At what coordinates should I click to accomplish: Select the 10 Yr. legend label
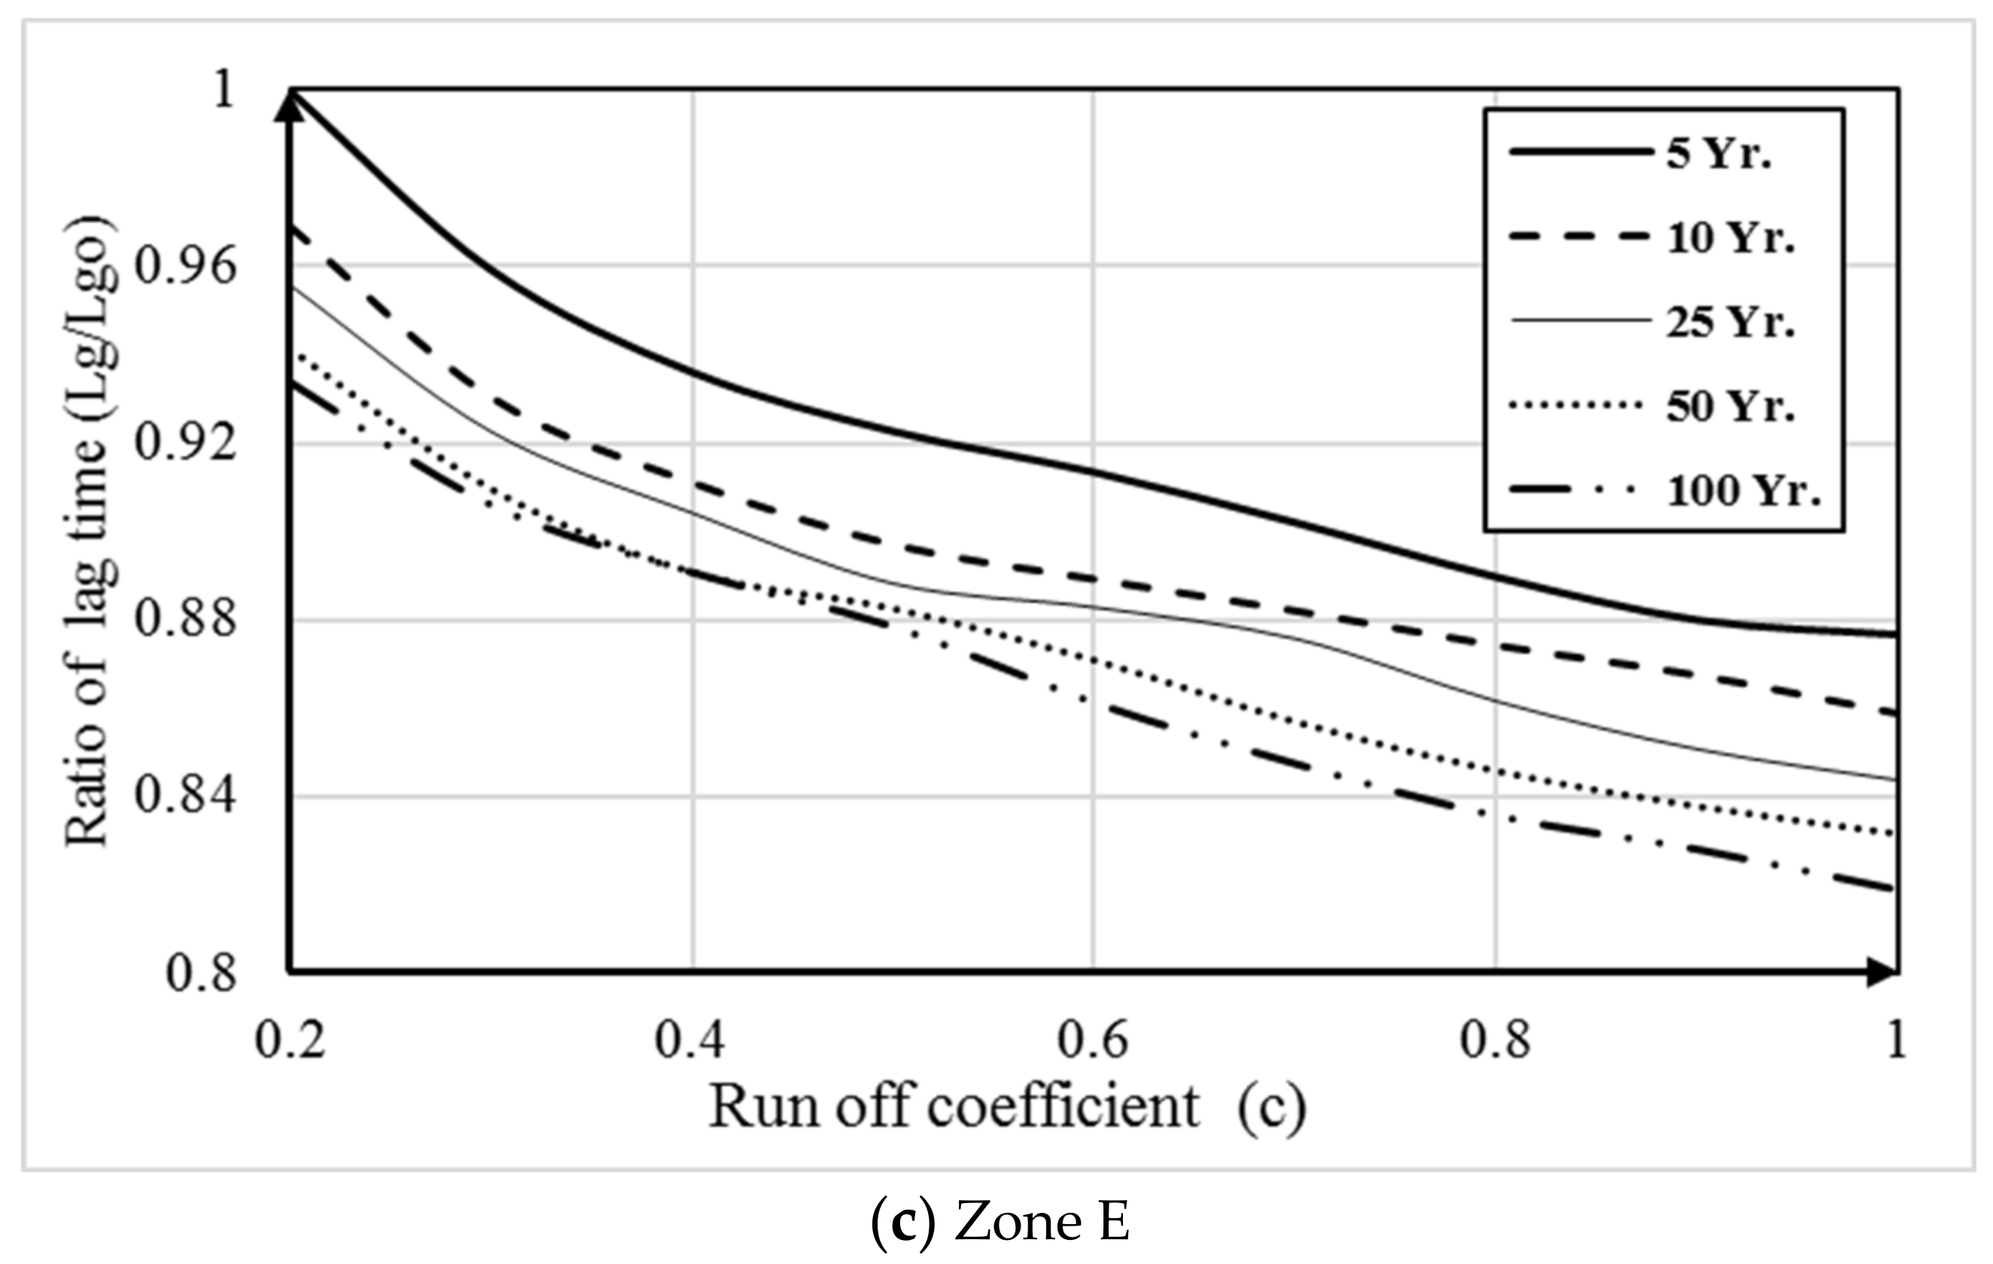tap(1730, 239)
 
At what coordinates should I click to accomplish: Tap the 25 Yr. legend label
tap(1730, 323)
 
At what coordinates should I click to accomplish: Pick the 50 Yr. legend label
tap(1730, 407)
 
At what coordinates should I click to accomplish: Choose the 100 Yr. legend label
tap(1743, 491)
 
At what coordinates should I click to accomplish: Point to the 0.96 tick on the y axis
tap(184, 266)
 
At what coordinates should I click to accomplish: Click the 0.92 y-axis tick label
tap(184, 443)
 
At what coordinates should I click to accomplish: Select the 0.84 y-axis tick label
tap(184, 796)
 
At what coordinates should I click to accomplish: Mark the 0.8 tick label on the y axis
tap(201, 973)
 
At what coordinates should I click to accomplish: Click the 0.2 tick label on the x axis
tap(291, 1040)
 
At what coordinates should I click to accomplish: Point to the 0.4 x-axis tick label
tap(690, 1040)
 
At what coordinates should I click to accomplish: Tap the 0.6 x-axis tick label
tap(1093, 1040)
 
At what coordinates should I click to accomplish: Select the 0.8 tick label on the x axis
tap(1495, 1040)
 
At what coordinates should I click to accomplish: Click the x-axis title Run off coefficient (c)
tap(1007, 1108)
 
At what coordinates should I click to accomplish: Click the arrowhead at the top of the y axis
tap(289, 105)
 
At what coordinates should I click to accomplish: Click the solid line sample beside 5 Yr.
tap(1577, 152)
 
